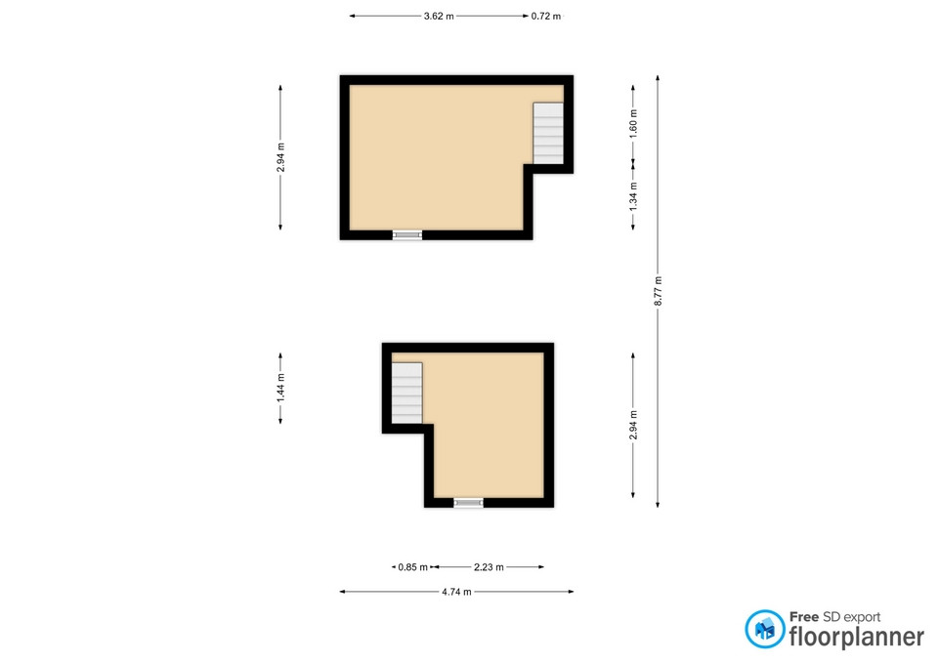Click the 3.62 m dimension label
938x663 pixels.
pos(439,17)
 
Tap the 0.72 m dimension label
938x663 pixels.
pos(546,17)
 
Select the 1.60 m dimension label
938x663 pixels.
pos(633,124)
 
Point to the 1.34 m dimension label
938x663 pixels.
pos(633,196)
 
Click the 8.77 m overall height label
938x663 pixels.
pos(658,291)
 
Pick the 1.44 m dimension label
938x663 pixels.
pos(280,388)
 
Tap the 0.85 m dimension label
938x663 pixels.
pos(412,566)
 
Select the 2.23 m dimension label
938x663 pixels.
pos(489,566)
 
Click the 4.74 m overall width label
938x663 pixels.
pos(456,592)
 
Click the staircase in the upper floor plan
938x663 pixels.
pos(548,134)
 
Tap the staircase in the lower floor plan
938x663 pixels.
pos(406,394)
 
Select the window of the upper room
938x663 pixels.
pos(407,235)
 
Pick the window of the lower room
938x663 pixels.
pos(468,503)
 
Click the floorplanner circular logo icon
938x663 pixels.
pos(764,629)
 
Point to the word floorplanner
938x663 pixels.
pos(857,637)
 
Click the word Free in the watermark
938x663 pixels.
pos(804,616)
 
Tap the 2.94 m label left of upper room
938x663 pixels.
pos(280,157)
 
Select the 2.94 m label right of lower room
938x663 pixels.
pos(633,425)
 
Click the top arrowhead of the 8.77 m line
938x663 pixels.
pos(658,78)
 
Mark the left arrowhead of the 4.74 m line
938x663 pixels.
pos(342,592)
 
